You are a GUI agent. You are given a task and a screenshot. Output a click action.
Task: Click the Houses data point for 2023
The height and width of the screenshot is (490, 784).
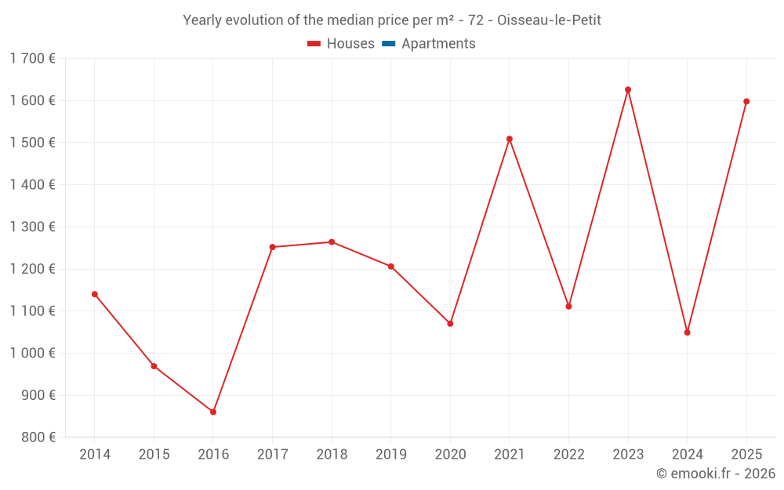coord(628,89)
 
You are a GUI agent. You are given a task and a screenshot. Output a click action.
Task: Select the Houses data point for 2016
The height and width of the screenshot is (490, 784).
coord(213,412)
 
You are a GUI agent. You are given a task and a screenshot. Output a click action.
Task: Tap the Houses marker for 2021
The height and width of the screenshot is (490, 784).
coord(510,139)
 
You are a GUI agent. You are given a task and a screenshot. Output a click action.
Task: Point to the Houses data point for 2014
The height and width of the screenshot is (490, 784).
coord(95,294)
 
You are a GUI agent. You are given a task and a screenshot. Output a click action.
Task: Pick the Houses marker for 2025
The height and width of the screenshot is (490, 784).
coord(746,101)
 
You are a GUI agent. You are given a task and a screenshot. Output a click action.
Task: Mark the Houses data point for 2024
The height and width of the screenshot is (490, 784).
coord(687,332)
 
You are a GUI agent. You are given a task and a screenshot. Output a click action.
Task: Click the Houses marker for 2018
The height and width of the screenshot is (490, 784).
coord(332,242)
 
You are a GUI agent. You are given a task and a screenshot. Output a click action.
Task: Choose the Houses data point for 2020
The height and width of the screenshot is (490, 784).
coord(450,323)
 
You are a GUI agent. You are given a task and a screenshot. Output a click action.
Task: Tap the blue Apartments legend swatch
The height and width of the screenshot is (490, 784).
coord(388,44)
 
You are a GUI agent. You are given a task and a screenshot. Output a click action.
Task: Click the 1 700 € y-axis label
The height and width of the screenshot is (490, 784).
coord(32,58)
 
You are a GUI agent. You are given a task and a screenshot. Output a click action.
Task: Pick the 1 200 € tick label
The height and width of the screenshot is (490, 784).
coord(32,269)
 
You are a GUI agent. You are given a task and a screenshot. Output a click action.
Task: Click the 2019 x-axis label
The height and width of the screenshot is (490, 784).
coord(391,455)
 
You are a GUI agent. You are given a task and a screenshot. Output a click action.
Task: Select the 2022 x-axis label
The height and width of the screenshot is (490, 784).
coord(568,455)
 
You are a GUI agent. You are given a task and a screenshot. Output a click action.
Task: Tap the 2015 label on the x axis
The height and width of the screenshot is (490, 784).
coord(154,455)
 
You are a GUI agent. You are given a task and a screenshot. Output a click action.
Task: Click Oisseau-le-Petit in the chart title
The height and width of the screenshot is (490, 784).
coord(549,20)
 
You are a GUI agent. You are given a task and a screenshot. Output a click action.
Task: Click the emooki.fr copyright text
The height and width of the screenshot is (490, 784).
coord(715,474)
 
